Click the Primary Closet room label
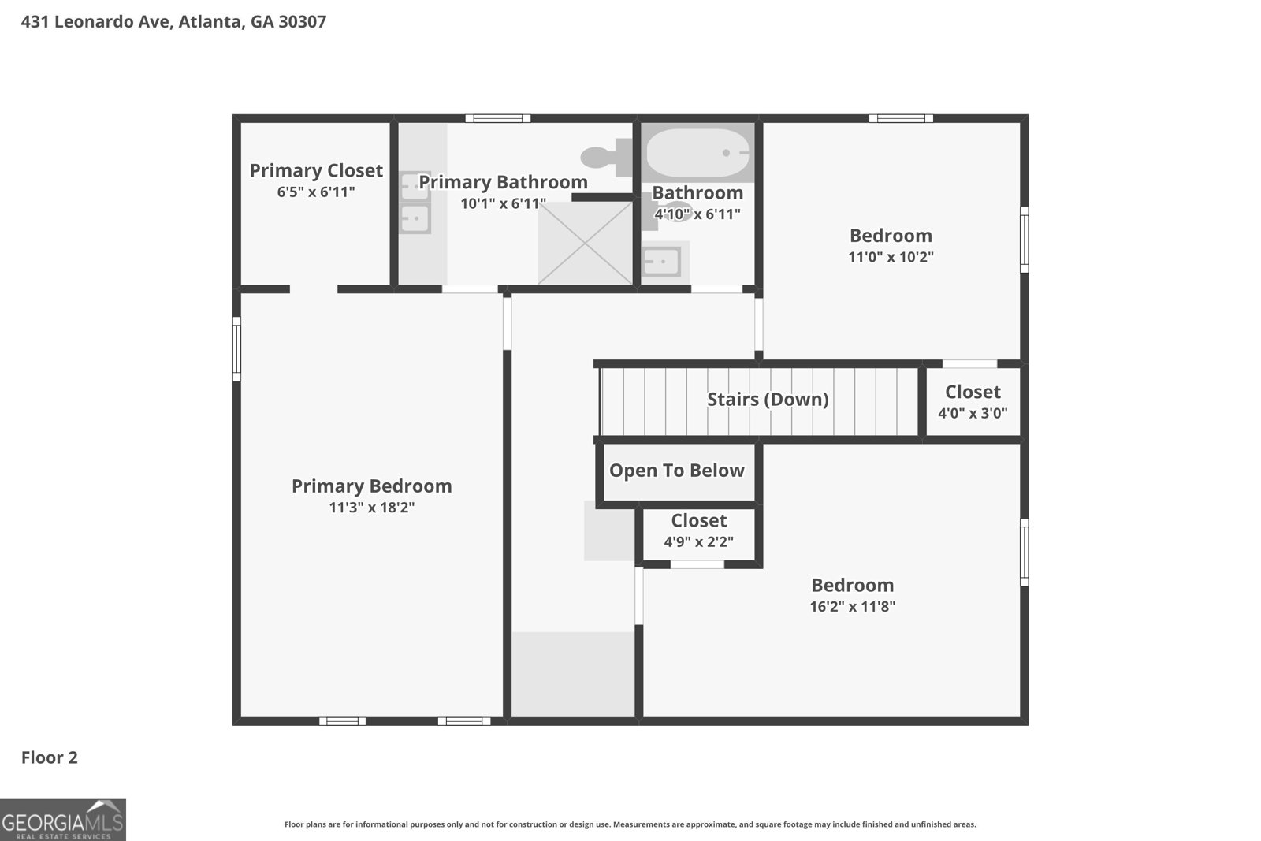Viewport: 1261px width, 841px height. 316,170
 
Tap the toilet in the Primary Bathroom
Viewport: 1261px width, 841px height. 607,158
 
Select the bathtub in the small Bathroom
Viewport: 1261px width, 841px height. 697,154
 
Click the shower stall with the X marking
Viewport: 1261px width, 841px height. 585,243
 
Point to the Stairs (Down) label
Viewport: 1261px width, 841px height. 768,399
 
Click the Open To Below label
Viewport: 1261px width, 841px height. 676,471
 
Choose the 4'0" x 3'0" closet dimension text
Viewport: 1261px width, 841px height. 973,413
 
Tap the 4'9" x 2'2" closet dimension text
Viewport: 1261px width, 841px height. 698,542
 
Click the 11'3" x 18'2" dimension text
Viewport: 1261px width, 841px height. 372,508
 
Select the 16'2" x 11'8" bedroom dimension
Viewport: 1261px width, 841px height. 852,606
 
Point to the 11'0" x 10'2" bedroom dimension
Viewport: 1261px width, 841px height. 891,257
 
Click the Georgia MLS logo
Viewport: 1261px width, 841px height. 63,820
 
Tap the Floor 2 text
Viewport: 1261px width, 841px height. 49,757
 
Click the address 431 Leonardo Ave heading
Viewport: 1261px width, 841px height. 173,21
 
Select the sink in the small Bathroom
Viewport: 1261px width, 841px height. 661,261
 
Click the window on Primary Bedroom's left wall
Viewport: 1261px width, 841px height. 236,348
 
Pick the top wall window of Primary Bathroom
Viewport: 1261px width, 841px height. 497,119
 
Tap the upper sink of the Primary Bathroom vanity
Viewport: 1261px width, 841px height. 415,187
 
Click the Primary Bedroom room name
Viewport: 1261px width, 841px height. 372,486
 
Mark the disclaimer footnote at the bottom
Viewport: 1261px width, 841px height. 630,824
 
